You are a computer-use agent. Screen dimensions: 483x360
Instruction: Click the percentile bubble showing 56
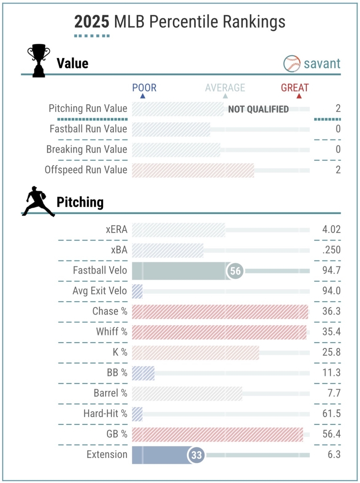click(x=236, y=271)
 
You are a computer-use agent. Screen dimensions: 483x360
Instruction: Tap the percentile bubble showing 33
click(x=196, y=455)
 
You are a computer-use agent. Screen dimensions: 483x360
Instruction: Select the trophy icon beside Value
click(x=38, y=62)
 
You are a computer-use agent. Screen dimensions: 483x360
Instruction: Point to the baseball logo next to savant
click(x=292, y=64)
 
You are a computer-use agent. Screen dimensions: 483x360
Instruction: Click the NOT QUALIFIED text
click(x=258, y=109)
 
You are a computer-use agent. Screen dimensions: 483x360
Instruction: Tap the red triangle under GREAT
click(x=298, y=96)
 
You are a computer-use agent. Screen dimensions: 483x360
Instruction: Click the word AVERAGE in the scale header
click(x=225, y=88)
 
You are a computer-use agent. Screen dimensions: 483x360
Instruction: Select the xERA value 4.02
click(x=331, y=230)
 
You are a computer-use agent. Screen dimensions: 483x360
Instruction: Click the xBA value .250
click(x=331, y=250)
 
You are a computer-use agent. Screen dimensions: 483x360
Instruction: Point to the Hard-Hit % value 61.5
click(x=331, y=414)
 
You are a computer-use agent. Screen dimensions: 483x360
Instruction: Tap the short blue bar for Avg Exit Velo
click(x=137, y=291)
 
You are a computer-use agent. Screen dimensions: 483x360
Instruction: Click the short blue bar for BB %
click(x=143, y=373)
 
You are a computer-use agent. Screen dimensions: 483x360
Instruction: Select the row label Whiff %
click(x=112, y=332)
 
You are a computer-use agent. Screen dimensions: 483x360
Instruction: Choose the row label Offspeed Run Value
click(x=86, y=170)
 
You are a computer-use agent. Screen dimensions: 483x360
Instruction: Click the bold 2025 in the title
click(x=92, y=22)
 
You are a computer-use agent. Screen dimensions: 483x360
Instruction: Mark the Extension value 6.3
click(x=334, y=455)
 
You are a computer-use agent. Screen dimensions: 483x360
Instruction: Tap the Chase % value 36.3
click(x=331, y=312)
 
